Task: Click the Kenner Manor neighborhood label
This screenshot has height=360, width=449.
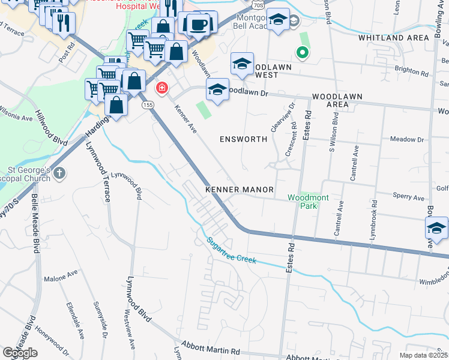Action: [x=240, y=190]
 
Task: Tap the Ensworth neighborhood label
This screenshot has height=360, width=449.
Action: [x=243, y=139]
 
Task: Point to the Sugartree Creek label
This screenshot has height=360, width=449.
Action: [x=232, y=251]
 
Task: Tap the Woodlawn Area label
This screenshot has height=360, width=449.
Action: [x=330, y=100]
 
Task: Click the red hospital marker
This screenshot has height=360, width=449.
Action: [x=161, y=89]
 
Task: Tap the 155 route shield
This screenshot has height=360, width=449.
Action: [x=147, y=105]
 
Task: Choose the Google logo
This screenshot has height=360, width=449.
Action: [x=20, y=353]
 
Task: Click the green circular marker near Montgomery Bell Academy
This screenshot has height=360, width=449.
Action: [x=303, y=53]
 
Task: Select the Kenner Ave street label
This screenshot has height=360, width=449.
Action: [x=185, y=118]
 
